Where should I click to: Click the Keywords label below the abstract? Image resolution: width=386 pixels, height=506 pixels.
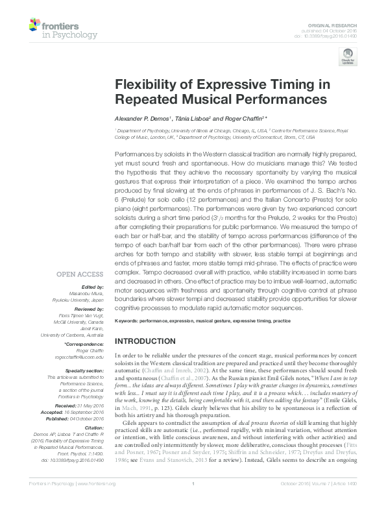click(x=128, y=322)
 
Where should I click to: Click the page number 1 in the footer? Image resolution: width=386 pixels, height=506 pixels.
click(x=193, y=501)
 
